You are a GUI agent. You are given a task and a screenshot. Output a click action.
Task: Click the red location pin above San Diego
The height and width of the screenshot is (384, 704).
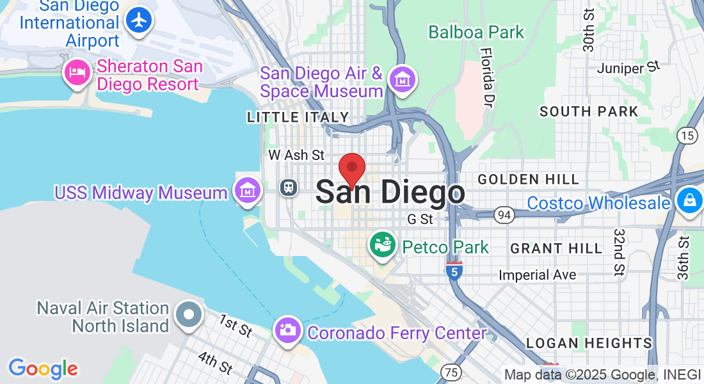[351, 170]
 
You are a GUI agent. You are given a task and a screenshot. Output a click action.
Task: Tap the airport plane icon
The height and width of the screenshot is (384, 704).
[138, 20]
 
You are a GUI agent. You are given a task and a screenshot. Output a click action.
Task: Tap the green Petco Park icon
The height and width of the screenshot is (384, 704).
[383, 246]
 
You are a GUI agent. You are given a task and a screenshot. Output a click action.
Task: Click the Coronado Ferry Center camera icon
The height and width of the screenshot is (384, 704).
[288, 330]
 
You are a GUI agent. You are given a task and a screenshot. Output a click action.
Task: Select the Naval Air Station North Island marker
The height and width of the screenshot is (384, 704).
[189, 315]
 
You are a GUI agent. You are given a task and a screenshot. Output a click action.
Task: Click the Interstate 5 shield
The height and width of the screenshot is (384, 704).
[454, 271]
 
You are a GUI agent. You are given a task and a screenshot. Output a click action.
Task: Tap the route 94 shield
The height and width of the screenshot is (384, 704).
[504, 215]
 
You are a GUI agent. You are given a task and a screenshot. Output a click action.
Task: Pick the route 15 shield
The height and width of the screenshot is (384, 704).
[687, 135]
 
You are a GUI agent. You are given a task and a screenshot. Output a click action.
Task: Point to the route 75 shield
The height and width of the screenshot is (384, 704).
[451, 372]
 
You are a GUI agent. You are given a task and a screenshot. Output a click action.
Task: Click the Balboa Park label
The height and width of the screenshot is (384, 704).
[476, 32]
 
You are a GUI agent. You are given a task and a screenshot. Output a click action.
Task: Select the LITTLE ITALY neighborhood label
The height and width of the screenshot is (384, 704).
[298, 117]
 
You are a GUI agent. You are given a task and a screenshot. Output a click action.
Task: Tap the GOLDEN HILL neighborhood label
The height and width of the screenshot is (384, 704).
[528, 179]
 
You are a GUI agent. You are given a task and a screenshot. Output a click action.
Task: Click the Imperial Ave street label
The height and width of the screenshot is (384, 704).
[538, 275]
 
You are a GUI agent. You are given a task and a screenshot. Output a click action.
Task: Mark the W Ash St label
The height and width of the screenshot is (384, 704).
[296, 155]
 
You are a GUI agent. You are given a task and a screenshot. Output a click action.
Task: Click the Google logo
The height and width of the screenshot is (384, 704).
[43, 368]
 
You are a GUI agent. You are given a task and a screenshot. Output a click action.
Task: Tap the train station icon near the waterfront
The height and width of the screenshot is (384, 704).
[289, 188]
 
